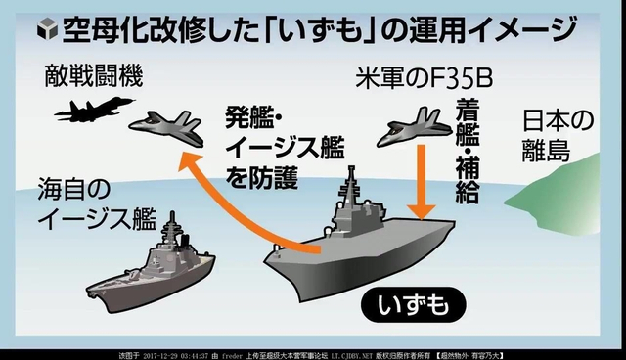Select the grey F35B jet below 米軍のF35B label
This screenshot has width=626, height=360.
(416, 130)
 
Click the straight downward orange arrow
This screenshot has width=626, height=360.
(423, 181)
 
